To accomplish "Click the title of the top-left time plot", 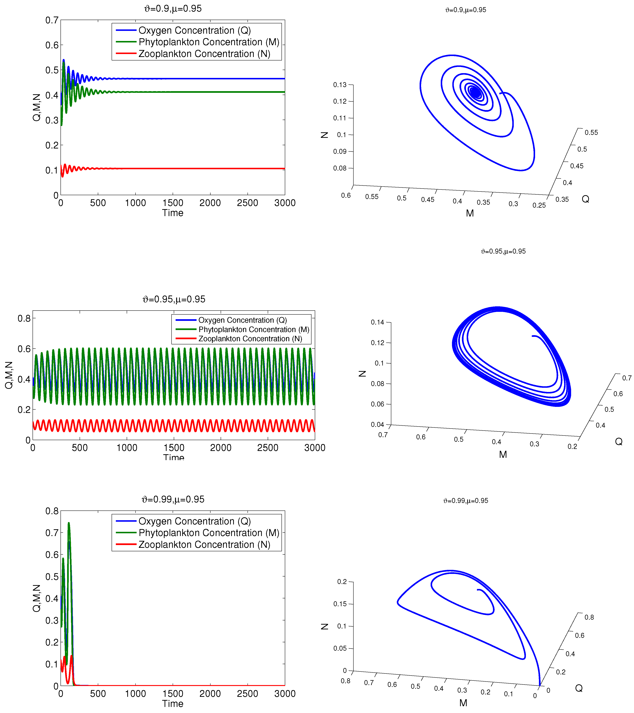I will pos(173,8).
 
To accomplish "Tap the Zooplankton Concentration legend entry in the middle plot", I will pos(250,339).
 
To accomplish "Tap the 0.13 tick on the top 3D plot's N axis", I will pos(340,85).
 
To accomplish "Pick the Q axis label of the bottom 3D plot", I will pos(579,688).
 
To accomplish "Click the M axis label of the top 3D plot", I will pos(470,213).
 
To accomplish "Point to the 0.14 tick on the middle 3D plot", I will pos(377,322).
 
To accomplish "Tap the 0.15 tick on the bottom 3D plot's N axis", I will pos(340,604).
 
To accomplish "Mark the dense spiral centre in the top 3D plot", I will pos(475,92).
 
